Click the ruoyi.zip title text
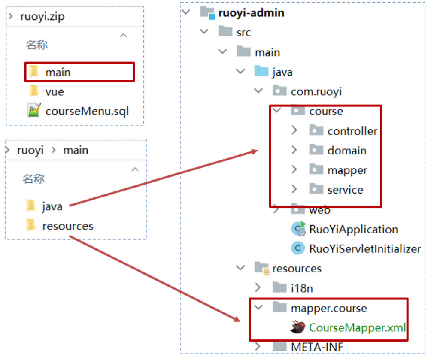pyautogui.click(x=42, y=17)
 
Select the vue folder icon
pyautogui.click(x=33, y=91)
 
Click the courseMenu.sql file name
pyautogui.click(x=87, y=111)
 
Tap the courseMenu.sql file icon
pyautogui.click(x=33, y=111)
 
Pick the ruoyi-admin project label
pyautogui.click(x=251, y=13)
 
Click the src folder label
pyautogui.click(x=243, y=33)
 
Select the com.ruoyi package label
pyautogui.click(x=316, y=91)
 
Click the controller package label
pyautogui.click(x=352, y=131)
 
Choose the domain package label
pyautogui.click(x=347, y=151)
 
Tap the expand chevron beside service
pyautogui.click(x=294, y=189)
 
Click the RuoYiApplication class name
pyautogui.click(x=353, y=229)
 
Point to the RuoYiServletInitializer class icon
pyautogui.click(x=297, y=248)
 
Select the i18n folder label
pyautogui.click(x=302, y=288)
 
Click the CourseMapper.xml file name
pyautogui.click(x=357, y=328)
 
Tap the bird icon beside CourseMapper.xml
pyautogui.click(x=297, y=328)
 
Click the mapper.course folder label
pyautogui.click(x=329, y=308)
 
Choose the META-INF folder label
pyautogui.click(x=317, y=347)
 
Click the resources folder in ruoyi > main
pyautogui.click(x=67, y=226)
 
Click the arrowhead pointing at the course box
pyautogui.click(x=255, y=151)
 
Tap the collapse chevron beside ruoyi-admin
pyautogui.click(x=185, y=12)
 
